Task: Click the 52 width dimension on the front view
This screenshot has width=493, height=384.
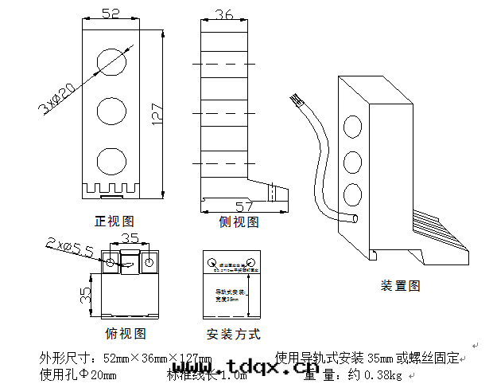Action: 111,14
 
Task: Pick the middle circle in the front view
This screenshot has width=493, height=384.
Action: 111,111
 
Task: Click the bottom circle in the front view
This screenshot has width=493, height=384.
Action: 111,161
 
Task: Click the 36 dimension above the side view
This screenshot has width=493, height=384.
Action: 224,14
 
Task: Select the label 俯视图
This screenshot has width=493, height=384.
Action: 126,334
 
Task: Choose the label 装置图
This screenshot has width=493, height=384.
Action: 401,285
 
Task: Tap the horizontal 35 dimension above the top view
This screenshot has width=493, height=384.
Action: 130,237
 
